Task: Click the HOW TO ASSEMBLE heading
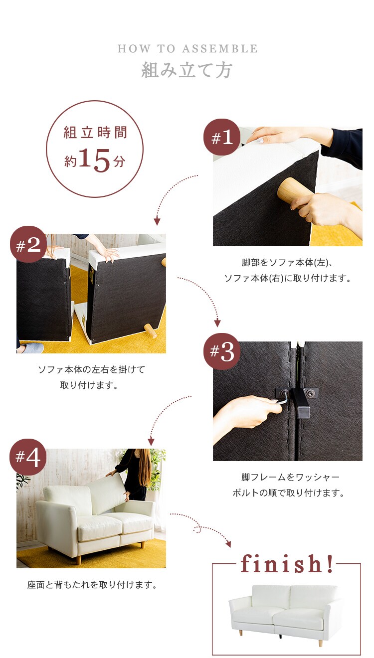point(187,49)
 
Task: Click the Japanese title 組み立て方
point(187,70)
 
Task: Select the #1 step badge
point(222,137)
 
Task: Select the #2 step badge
point(28,245)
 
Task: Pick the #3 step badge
point(222,352)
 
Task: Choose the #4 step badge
point(28,457)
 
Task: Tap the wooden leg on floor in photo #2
point(149,330)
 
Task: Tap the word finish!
point(286,564)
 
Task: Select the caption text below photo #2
point(91,377)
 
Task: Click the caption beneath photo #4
point(92,585)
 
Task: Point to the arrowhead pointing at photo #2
point(157,221)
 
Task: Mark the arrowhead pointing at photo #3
point(217,324)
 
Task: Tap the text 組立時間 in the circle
point(95,133)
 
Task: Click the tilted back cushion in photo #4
point(107,494)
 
